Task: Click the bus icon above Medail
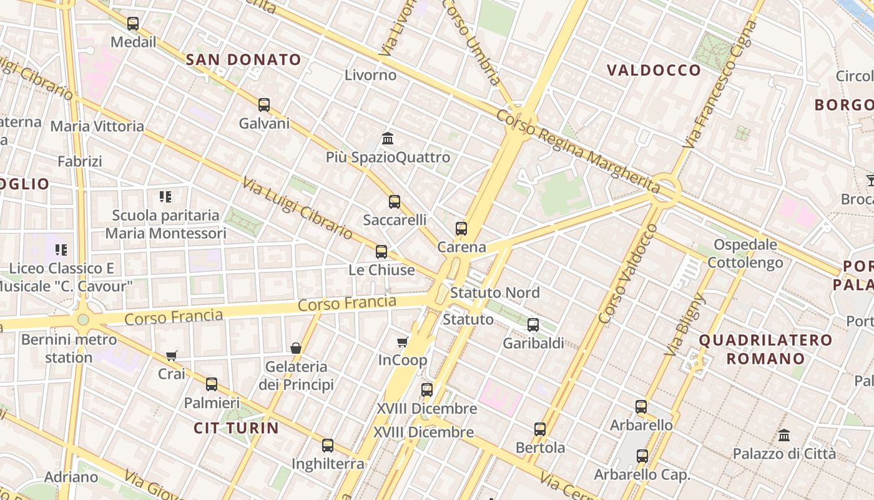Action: [133, 24]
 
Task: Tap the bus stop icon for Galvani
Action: [264, 105]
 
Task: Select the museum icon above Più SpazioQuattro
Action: [388, 138]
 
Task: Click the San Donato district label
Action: [244, 60]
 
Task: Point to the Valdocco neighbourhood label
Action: [654, 70]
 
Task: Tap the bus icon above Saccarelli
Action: [395, 202]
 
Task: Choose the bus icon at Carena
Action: [461, 229]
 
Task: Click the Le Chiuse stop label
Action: [381, 270]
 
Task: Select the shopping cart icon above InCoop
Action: [403, 342]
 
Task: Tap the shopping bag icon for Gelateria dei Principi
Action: [296, 347]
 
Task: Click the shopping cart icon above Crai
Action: [172, 356]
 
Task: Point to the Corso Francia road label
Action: [346, 304]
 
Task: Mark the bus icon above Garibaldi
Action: [533, 325]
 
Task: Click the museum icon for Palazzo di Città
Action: [784, 435]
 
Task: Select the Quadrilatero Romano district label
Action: [765, 349]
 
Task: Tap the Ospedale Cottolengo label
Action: [745, 254]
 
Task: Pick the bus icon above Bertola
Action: [540, 429]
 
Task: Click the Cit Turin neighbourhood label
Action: [236, 428]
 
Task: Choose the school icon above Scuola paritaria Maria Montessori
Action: [165, 197]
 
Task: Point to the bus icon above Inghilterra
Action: [328, 446]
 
